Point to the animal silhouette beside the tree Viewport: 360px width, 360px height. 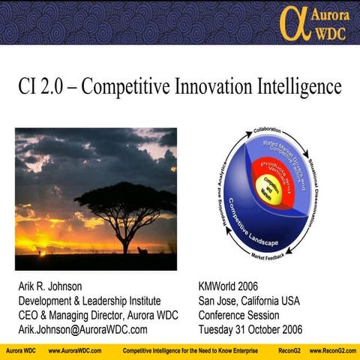point(142,250)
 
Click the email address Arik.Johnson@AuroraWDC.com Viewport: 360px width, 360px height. point(82,329)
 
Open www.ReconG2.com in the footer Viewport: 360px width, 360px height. point(331,351)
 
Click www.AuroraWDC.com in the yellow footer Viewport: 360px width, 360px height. point(75,351)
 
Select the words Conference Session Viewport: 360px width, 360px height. point(238,315)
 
